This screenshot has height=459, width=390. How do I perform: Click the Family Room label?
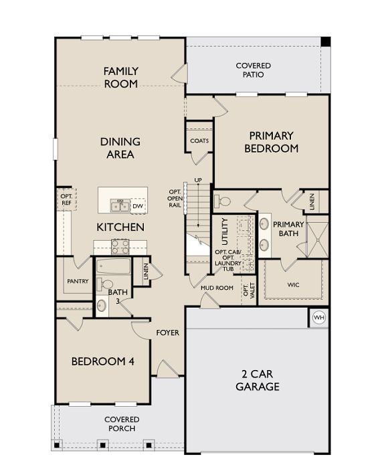click(x=120, y=78)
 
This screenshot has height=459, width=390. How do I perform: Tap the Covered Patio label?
click(x=254, y=70)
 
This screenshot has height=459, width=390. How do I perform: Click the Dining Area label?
click(x=120, y=148)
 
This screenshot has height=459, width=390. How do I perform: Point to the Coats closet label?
click(x=199, y=141)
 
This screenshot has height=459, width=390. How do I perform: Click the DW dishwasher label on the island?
click(x=137, y=206)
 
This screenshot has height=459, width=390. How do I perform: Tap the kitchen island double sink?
click(x=120, y=205)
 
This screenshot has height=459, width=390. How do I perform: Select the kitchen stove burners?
click(x=120, y=246)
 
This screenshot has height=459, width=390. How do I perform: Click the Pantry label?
click(x=78, y=282)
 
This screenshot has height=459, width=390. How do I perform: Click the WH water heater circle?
click(x=318, y=317)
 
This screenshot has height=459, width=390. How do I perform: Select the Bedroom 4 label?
click(x=103, y=361)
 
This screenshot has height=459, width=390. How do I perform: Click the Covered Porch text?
click(x=122, y=424)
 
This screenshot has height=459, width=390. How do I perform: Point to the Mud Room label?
click(x=217, y=288)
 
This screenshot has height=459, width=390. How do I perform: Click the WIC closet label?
click(x=293, y=284)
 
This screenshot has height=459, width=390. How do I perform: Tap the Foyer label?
click(x=167, y=333)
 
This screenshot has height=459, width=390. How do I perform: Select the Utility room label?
click(x=225, y=231)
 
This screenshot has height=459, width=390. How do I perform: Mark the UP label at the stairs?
click(x=198, y=180)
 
